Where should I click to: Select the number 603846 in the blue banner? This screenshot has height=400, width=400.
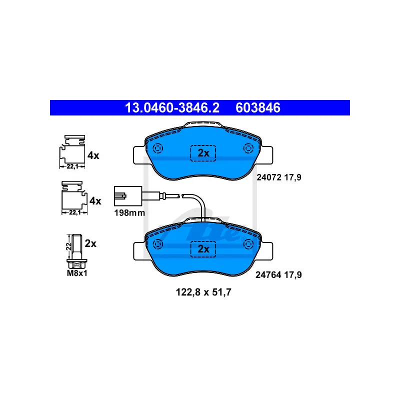coord(259,108)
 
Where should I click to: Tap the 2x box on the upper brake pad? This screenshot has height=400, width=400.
coord(202,153)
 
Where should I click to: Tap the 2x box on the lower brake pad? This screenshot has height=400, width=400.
coord(202,248)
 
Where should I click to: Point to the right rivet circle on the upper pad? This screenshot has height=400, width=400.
coord(248,148)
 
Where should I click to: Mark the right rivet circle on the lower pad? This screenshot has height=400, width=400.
coord(248,243)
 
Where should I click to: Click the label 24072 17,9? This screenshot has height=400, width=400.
coord(279,177)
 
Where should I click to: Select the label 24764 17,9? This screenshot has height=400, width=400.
coord(279,274)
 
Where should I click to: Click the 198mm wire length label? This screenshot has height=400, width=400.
coord(129,212)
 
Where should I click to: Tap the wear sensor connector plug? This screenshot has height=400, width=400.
coord(123,195)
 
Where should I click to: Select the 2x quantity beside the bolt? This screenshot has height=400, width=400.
coord(90,243)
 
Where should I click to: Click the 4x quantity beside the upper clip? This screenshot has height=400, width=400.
coord(93,155)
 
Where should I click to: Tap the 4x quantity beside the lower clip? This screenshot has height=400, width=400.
coord(94,201)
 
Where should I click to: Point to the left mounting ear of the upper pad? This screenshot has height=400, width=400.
coord(138,155)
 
